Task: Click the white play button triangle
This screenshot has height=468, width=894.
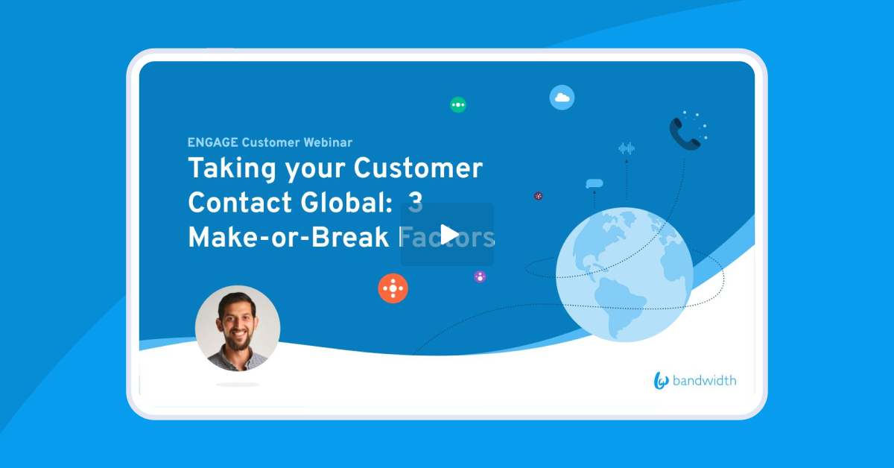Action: pos(449,235)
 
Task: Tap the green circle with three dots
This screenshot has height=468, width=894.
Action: pos(458,104)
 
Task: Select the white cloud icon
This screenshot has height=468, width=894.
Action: pos(562,98)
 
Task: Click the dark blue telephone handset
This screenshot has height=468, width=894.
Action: pos(684,134)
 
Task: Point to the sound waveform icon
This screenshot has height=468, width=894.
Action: pos(627,148)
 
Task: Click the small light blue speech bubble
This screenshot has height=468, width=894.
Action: pos(595,183)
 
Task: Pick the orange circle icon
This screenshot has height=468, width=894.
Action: pos(393,288)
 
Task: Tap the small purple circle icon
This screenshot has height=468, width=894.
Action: pos(480,276)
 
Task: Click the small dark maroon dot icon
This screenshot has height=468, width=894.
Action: pos(539,196)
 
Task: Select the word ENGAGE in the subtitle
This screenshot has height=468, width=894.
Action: pos(213,142)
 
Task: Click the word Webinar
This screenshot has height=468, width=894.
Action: pos(328,142)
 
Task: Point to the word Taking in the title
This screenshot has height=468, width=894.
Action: pos(232,169)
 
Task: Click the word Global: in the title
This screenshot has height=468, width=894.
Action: pos(346,203)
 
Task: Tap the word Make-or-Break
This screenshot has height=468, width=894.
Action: pos(288,238)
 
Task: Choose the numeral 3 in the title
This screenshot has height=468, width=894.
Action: pos(416,203)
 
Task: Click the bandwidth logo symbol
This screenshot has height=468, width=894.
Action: pos(661,381)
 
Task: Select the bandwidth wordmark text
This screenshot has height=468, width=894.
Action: pos(705,381)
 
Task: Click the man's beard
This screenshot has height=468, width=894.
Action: pos(238,341)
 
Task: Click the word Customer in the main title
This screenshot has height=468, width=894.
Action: pos(418,168)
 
